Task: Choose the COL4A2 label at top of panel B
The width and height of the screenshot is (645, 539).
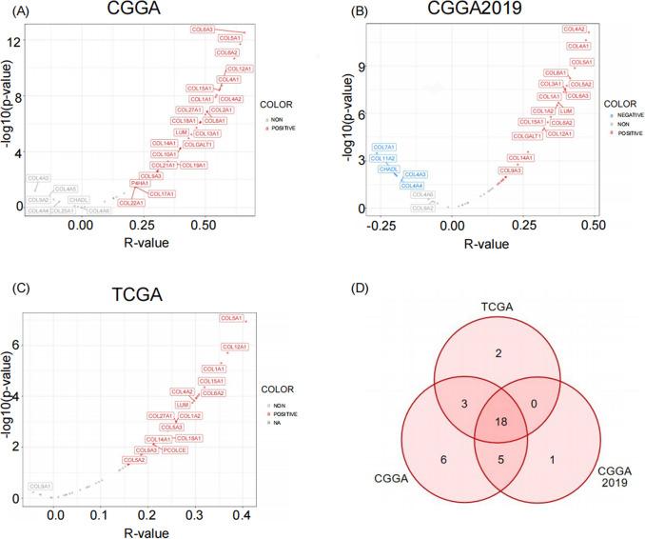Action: [575, 30]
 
